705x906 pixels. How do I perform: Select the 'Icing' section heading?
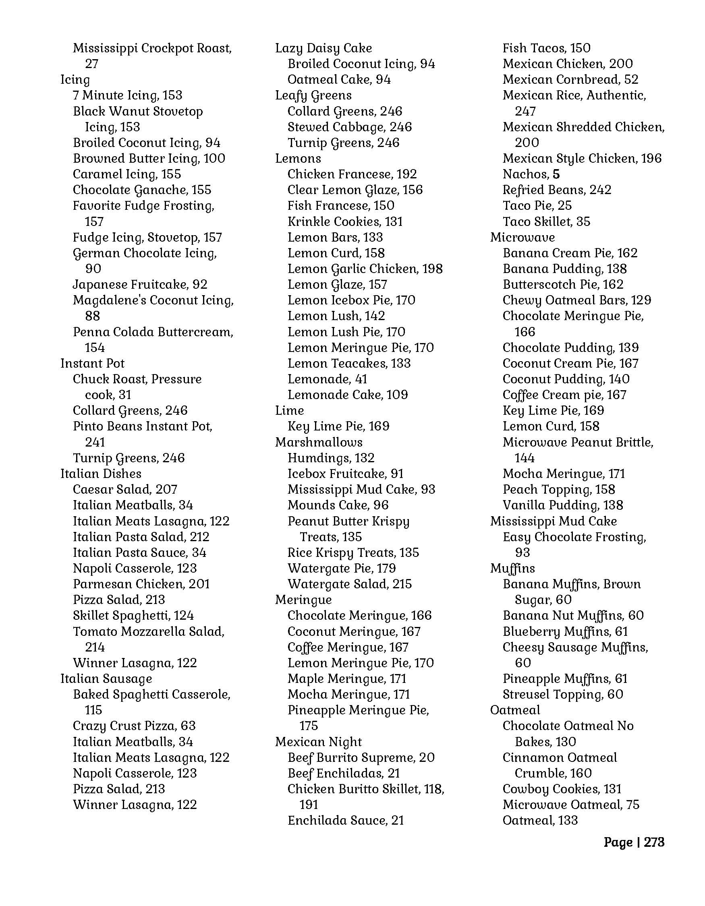click(75, 80)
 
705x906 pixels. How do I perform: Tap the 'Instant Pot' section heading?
click(93, 363)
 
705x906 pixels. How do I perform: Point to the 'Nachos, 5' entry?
click(531, 174)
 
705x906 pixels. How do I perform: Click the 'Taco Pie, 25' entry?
click(537, 206)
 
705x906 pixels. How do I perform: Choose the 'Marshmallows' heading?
click(319, 442)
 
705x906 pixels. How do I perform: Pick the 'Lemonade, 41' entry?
click(328, 379)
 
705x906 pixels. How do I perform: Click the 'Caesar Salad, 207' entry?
click(125, 490)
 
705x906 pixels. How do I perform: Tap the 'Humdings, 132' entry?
click(331, 458)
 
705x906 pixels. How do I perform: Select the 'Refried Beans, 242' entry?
click(557, 190)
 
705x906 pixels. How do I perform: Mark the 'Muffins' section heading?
click(512, 568)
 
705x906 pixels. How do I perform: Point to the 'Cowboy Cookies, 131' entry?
click(562, 789)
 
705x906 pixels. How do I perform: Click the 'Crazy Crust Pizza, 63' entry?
click(134, 726)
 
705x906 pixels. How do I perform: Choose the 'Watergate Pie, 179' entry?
click(342, 568)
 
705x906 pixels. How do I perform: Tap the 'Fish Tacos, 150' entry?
click(547, 48)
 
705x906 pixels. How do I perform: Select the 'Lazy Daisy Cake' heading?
click(323, 48)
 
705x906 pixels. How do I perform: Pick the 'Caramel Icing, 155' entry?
click(127, 174)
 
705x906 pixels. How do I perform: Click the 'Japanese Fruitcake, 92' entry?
click(140, 285)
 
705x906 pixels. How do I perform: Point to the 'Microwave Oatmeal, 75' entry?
click(571, 805)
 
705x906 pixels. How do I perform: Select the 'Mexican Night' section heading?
click(318, 742)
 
